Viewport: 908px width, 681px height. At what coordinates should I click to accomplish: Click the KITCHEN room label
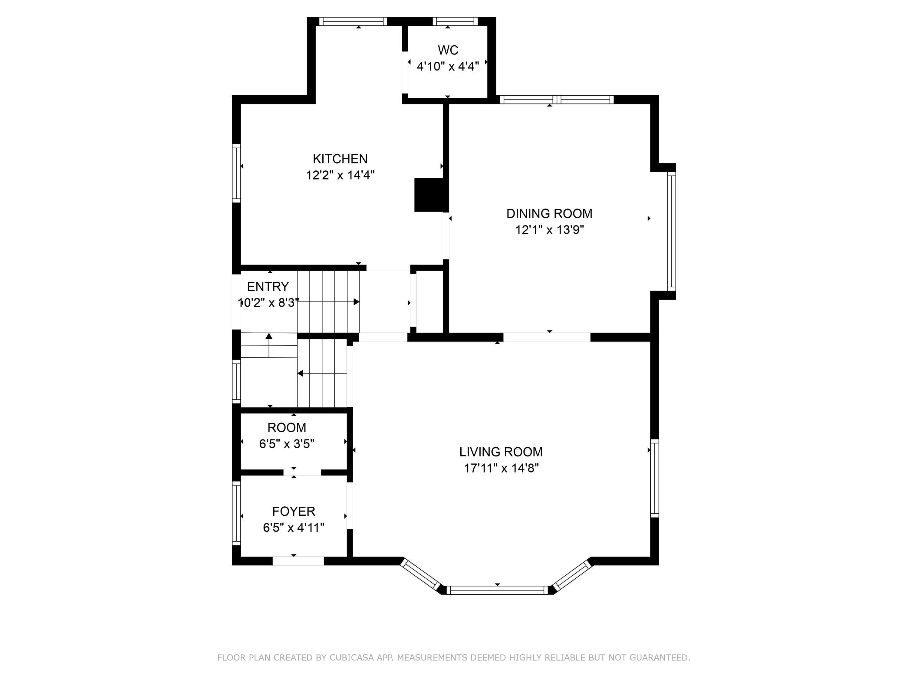pyautogui.click(x=340, y=159)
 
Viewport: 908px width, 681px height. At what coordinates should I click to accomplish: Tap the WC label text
pyautogui.click(x=448, y=50)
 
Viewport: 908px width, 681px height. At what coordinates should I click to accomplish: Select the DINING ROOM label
pyautogui.click(x=549, y=213)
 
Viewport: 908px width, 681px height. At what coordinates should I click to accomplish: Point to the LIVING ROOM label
pyautogui.click(x=501, y=452)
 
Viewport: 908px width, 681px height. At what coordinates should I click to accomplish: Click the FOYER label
pyautogui.click(x=294, y=512)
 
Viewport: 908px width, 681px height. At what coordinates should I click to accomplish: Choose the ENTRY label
pyautogui.click(x=268, y=287)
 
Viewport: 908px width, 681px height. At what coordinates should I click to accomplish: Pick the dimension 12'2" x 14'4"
pyautogui.click(x=340, y=175)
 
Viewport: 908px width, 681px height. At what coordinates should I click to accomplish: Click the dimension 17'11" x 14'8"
pyautogui.click(x=501, y=468)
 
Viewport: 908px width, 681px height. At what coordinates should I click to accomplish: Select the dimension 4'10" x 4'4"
pyautogui.click(x=448, y=67)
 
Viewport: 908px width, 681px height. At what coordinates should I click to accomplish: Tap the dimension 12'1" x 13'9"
pyautogui.click(x=549, y=230)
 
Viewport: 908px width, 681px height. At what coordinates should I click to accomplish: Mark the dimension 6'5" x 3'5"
pyautogui.click(x=287, y=444)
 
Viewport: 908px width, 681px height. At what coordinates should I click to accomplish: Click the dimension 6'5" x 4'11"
pyautogui.click(x=294, y=528)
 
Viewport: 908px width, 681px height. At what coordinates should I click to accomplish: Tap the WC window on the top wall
pyautogui.click(x=455, y=21)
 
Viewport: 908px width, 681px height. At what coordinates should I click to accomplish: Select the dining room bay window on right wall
pyautogui.click(x=671, y=231)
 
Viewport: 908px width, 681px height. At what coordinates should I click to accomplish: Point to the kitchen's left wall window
pyautogui.click(x=236, y=173)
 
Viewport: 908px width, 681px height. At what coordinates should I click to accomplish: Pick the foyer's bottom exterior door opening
pyautogui.click(x=298, y=561)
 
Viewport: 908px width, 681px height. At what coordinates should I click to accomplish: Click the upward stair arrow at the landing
pyautogui.click(x=269, y=345)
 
